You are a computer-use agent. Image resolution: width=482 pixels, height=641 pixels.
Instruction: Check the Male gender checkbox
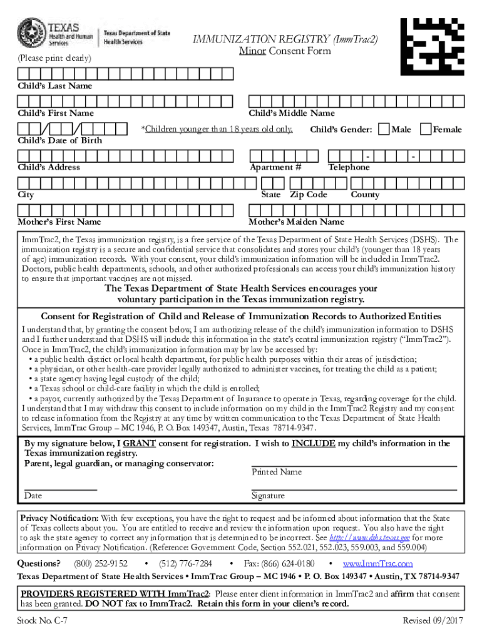pyautogui.click(x=384, y=129)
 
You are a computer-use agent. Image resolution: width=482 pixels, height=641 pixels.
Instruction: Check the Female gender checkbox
pyautogui.click(x=426, y=129)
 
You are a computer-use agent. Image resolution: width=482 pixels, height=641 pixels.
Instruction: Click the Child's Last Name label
pyautogui.click(x=54, y=86)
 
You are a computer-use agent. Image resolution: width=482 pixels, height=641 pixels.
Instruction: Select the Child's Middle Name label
pyautogui.click(x=292, y=113)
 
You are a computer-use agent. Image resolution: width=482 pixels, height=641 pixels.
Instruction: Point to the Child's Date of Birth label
pyautogui.click(x=59, y=140)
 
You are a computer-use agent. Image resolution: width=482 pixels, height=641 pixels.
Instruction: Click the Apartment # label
pyautogui.click(x=275, y=167)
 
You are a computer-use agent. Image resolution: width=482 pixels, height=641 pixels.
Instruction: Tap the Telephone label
pyautogui.click(x=349, y=167)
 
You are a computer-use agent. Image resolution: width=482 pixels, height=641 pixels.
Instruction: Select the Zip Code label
pyautogui.click(x=308, y=195)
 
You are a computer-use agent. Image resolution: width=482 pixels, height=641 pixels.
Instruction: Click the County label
pyautogui.click(x=365, y=195)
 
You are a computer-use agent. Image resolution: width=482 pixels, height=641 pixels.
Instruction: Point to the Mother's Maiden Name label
pyautogui.click(x=296, y=222)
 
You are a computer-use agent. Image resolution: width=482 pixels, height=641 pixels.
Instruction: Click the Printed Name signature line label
pyautogui.click(x=277, y=472)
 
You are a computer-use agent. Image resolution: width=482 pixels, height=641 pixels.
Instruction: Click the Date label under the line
pyautogui.click(x=33, y=496)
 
